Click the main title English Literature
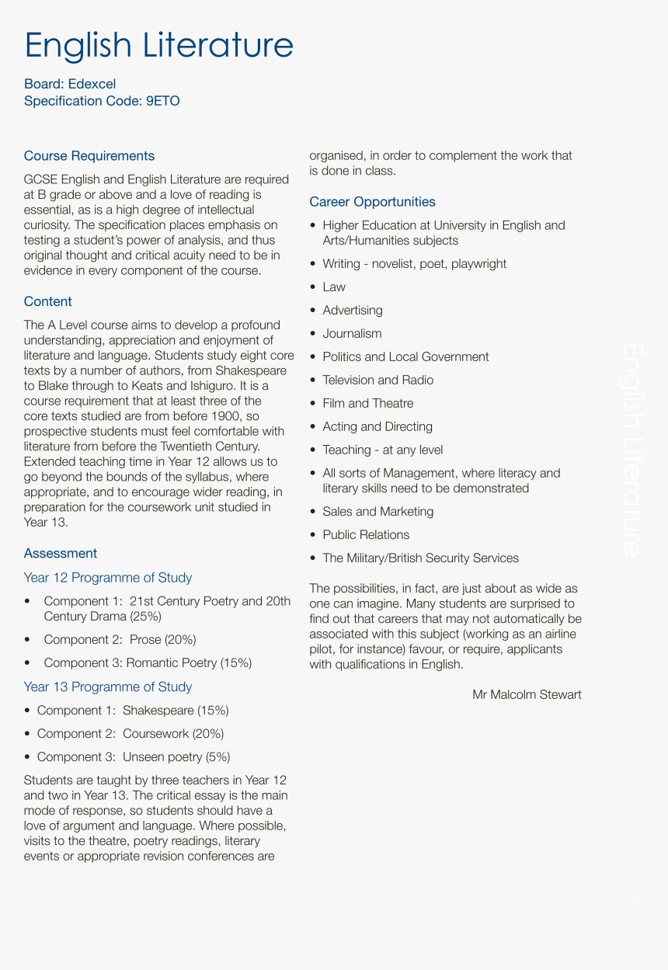tap(158, 45)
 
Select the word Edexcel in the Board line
tap(92, 84)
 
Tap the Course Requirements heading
tap(89, 156)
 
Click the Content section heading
tap(47, 301)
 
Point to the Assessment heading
tap(60, 553)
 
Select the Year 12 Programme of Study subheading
tap(107, 577)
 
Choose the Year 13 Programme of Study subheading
tap(107, 687)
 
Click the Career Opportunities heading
tap(372, 202)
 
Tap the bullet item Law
tap(334, 287)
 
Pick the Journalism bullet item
tap(352, 334)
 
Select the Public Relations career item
tap(365, 534)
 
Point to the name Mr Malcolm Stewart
tap(527, 694)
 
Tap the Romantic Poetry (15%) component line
tap(148, 662)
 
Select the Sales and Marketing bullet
tap(377, 511)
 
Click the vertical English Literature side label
tap(631, 450)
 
